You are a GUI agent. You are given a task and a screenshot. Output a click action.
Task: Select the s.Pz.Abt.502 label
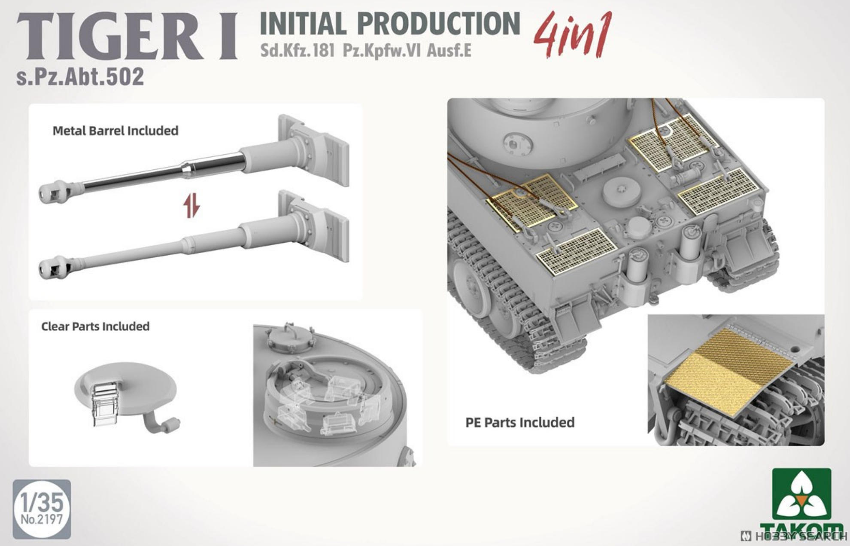(80, 77)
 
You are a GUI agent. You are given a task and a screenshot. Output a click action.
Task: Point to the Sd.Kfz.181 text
(297, 51)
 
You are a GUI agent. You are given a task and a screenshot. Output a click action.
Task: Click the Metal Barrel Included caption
(115, 131)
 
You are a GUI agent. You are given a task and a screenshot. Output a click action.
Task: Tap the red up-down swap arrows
(192, 206)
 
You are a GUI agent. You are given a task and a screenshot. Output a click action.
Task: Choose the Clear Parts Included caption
(95, 326)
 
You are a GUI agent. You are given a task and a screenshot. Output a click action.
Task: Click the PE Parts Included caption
(520, 423)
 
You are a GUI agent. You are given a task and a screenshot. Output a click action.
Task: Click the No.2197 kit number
(42, 519)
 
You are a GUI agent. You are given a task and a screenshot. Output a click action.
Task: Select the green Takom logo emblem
(801, 494)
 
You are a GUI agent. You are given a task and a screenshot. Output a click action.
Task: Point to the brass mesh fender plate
(729, 372)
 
